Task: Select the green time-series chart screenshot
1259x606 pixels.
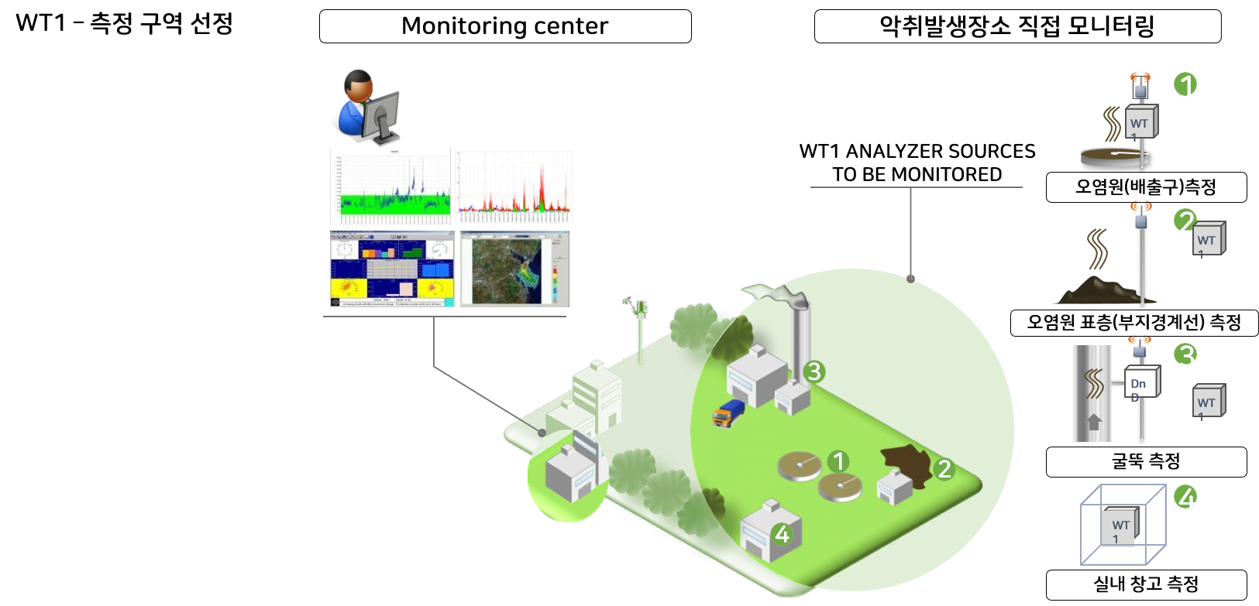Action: click(x=390, y=187)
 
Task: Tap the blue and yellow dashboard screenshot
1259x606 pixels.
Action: click(x=392, y=269)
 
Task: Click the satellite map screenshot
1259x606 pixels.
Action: click(x=514, y=269)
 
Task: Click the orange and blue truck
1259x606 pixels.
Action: click(x=728, y=413)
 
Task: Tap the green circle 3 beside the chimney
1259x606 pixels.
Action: click(x=813, y=371)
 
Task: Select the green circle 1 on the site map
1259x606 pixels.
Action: click(x=838, y=461)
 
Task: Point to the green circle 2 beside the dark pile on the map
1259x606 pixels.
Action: click(x=944, y=468)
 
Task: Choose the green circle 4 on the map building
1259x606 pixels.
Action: click(x=781, y=534)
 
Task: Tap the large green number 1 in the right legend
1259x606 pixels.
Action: click(x=1185, y=84)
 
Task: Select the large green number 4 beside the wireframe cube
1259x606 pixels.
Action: click(x=1185, y=497)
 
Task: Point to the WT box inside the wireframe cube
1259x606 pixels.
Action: click(x=1120, y=528)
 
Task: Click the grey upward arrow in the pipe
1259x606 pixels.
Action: click(x=1094, y=422)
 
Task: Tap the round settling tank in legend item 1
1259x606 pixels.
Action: click(x=1113, y=157)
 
